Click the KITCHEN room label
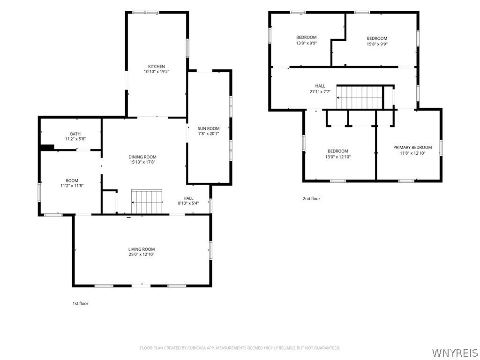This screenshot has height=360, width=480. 157,67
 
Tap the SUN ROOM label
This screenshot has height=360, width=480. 209,128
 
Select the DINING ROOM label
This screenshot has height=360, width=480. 142,157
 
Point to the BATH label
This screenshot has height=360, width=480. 75,134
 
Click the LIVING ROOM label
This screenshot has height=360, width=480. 142,249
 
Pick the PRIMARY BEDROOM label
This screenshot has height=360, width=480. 412,148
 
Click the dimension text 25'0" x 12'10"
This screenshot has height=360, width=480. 142,255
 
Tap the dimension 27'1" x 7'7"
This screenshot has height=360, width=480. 320,91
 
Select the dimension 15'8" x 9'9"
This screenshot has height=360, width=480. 377,44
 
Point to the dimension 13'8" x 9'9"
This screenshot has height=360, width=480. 307,43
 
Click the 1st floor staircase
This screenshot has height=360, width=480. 147,202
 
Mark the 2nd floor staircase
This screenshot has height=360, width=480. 360,97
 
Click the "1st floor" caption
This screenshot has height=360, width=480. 81,304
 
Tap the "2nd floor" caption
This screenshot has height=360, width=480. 312,199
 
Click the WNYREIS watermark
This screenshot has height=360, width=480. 455,352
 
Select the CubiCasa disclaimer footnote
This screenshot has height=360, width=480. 240,348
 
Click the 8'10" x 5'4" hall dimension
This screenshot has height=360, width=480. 188,203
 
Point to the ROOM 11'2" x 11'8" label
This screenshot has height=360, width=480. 72,183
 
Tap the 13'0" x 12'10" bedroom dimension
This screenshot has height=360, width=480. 338,157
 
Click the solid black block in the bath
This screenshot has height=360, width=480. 47,147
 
